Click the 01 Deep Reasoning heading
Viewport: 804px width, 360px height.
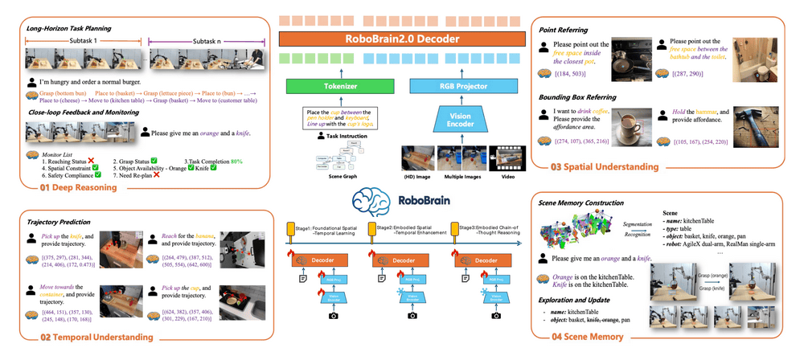77,187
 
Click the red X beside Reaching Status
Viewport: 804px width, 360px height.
92,162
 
